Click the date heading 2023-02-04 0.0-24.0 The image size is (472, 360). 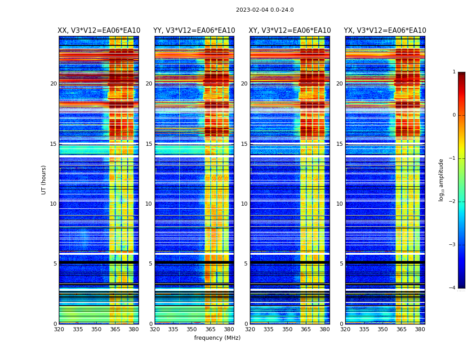tap(265, 10)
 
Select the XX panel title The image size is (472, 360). tap(99, 31)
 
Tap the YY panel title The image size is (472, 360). tap(194, 31)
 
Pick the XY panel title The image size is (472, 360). tap(290, 31)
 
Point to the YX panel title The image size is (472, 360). tap(385, 31)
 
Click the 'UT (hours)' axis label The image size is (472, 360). tap(44, 180)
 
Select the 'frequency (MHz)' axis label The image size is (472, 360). tap(217, 338)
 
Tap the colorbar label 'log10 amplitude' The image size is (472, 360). tap(441, 180)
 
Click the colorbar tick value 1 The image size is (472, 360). tap(454, 72)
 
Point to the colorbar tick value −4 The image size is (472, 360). tap(453, 288)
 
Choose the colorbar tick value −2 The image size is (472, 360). tap(453, 202)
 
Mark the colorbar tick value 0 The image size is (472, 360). tap(454, 115)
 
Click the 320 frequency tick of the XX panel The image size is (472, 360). tap(59, 329)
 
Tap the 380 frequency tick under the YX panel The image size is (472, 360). tap(420, 329)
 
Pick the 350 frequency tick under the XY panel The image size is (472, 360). tap(287, 329)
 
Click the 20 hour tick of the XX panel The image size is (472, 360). tap(53, 84)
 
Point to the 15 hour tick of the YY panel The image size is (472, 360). tap(149, 144)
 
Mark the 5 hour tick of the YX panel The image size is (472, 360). tap(341, 264)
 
